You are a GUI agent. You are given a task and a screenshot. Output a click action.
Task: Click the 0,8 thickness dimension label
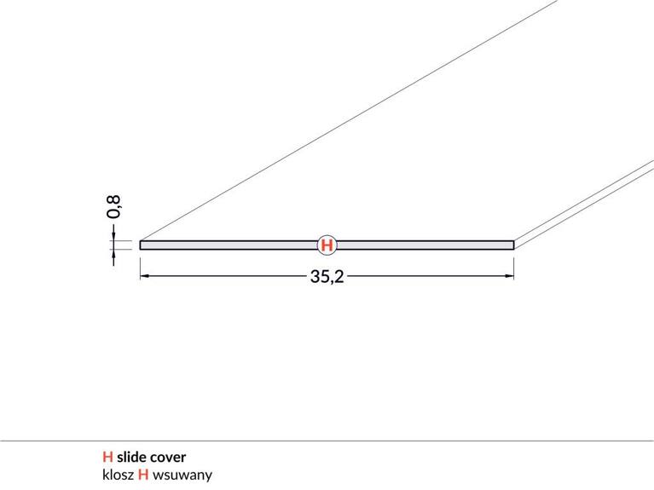point(113,207)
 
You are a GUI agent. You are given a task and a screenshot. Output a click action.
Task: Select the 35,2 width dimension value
point(327,276)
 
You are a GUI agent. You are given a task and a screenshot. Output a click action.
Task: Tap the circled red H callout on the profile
point(327,245)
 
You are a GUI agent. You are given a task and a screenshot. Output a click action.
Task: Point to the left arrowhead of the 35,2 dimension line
point(145,275)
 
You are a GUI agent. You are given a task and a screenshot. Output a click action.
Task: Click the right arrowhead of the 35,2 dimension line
point(509,275)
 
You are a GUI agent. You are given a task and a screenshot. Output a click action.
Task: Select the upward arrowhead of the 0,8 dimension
point(113,254)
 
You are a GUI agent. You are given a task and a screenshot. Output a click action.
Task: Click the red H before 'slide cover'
point(107,457)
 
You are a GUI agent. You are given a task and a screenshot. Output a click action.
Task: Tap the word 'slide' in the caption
point(131,457)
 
